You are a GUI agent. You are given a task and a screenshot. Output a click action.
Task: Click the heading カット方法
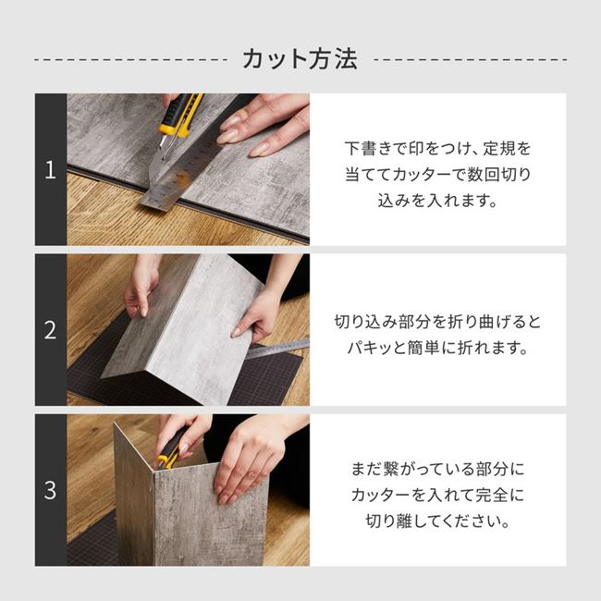tap(300, 60)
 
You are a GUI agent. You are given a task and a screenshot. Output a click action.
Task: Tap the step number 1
tap(51, 170)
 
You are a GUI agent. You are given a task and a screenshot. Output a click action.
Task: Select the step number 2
tap(51, 330)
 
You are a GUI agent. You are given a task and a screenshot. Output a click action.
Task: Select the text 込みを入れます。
tap(438, 200)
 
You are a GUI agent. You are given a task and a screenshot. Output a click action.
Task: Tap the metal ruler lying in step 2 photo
tap(282, 347)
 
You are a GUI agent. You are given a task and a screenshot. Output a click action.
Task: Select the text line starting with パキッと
tap(438, 349)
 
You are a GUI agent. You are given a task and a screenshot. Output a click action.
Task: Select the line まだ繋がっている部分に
tap(438, 470)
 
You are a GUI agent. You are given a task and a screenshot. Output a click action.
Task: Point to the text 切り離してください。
tap(438, 521)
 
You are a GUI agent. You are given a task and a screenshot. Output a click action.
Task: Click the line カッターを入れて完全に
tap(438, 496)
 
